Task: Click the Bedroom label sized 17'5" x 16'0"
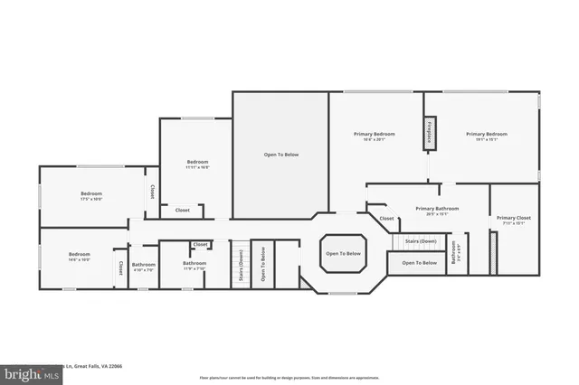point(91,195)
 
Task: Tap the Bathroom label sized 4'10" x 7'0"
point(144,267)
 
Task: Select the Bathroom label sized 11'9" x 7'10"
point(195,267)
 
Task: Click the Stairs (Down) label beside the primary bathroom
point(421,241)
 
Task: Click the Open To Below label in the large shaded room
point(280,155)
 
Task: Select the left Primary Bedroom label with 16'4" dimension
point(374,136)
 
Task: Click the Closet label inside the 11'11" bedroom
point(182,210)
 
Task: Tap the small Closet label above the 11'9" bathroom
point(200,244)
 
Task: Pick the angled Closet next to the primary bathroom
point(386,219)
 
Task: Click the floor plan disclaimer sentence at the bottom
point(289,377)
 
